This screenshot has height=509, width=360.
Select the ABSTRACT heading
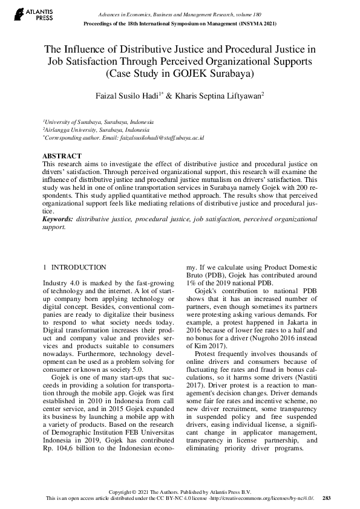pyautogui.click(x=62, y=155)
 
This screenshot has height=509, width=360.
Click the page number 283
pyautogui.click(x=327, y=498)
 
